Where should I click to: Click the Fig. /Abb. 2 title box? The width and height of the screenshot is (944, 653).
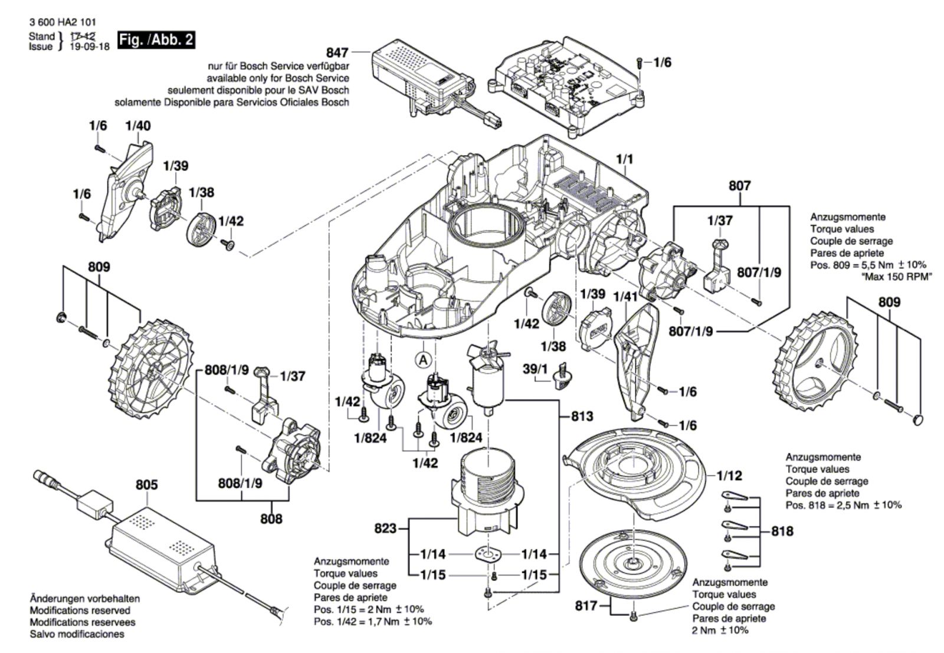pos(156,40)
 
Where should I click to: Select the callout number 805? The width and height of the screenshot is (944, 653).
pos(146,484)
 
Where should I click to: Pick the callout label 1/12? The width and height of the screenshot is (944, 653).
pos(730,475)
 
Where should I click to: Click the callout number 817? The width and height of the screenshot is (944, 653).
pos(587,605)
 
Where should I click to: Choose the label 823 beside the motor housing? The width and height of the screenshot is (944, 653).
pos(385,528)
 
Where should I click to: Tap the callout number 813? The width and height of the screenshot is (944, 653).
pos(582,416)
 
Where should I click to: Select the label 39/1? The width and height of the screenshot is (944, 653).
pos(535,369)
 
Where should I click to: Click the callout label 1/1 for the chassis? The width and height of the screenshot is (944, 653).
pos(624,159)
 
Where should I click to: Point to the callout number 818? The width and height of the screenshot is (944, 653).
pos(782,531)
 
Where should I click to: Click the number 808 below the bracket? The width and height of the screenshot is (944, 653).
pos(271,519)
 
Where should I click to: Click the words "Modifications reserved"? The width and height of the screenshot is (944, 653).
pos(80,611)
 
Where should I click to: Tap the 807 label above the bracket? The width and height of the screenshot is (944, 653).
pos(739,186)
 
